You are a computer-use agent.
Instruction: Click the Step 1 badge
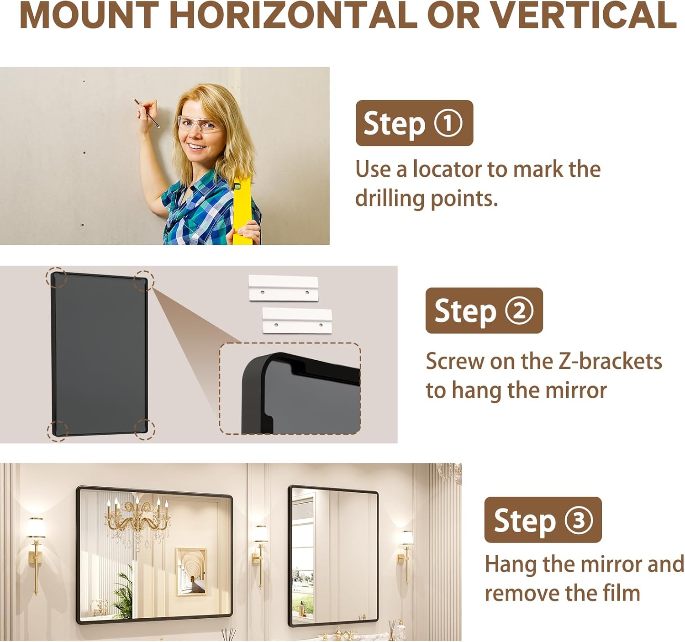pyautogui.click(x=414, y=123)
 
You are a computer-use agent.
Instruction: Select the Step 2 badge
pyautogui.click(x=484, y=310)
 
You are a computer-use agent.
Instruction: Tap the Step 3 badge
pyautogui.click(x=543, y=520)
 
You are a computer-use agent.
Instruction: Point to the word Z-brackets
pyautogui.click(x=610, y=361)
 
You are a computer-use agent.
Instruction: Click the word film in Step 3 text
pyautogui.click(x=621, y=593)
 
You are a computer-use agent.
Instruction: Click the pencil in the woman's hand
pyautogui.click(x=146, y=112)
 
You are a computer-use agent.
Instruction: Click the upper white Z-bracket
pyautogui.click(x=283, y=288)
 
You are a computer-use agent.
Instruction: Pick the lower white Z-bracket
pyautogui.click(x=297, y=321)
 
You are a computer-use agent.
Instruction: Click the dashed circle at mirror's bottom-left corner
pyautogui.click(x=58, y=430)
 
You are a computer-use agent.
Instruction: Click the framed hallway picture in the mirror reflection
pyautogui.click(x=191, y=571)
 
